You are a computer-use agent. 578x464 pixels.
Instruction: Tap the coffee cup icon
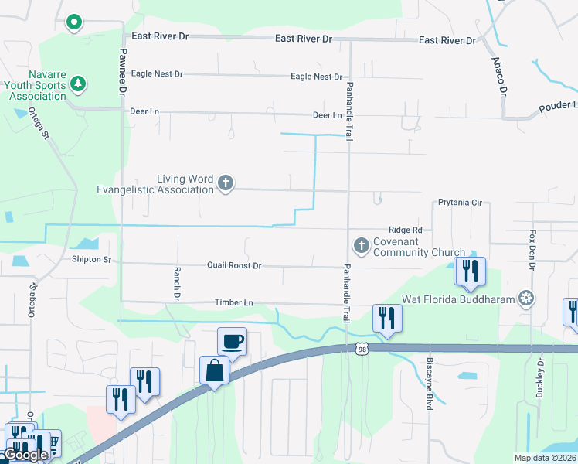click(x=233, y=339)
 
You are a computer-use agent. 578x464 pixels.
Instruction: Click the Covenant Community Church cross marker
click(x=361, y=246)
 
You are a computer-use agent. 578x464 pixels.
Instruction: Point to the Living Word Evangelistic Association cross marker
click(x=225, y=184)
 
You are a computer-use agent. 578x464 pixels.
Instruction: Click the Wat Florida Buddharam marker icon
click(x=526, y=298)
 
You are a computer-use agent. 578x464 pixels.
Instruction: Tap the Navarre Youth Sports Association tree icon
click(x=76, y=82)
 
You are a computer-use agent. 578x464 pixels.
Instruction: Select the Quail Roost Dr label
click(x=234, y=265)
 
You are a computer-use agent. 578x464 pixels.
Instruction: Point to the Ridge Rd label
click(x=405, y=230)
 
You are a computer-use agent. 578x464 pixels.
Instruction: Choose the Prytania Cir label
click(x=460, y=203)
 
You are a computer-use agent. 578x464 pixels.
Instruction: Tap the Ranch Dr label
click(x=177, y=284)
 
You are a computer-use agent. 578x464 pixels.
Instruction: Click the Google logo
click(x=25, y=455)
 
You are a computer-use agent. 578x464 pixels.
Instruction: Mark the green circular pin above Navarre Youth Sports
click(x=74, y=22)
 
